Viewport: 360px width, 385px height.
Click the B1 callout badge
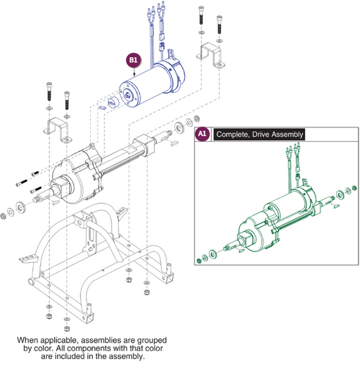134,60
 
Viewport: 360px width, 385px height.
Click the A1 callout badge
202,134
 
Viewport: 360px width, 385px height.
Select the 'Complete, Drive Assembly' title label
259,135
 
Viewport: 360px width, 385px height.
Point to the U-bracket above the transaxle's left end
58,130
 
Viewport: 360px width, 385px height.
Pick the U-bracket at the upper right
210,55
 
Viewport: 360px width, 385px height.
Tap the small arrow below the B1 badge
134,72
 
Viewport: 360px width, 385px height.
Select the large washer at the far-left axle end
20,207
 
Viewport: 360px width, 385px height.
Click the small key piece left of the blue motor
102,108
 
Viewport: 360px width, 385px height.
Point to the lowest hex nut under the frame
66,329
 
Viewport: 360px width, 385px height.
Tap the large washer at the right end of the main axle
179,127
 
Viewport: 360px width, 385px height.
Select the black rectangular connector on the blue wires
162,37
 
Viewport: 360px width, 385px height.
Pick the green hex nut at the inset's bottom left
199,261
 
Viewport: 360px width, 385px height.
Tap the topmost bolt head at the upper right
201,9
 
